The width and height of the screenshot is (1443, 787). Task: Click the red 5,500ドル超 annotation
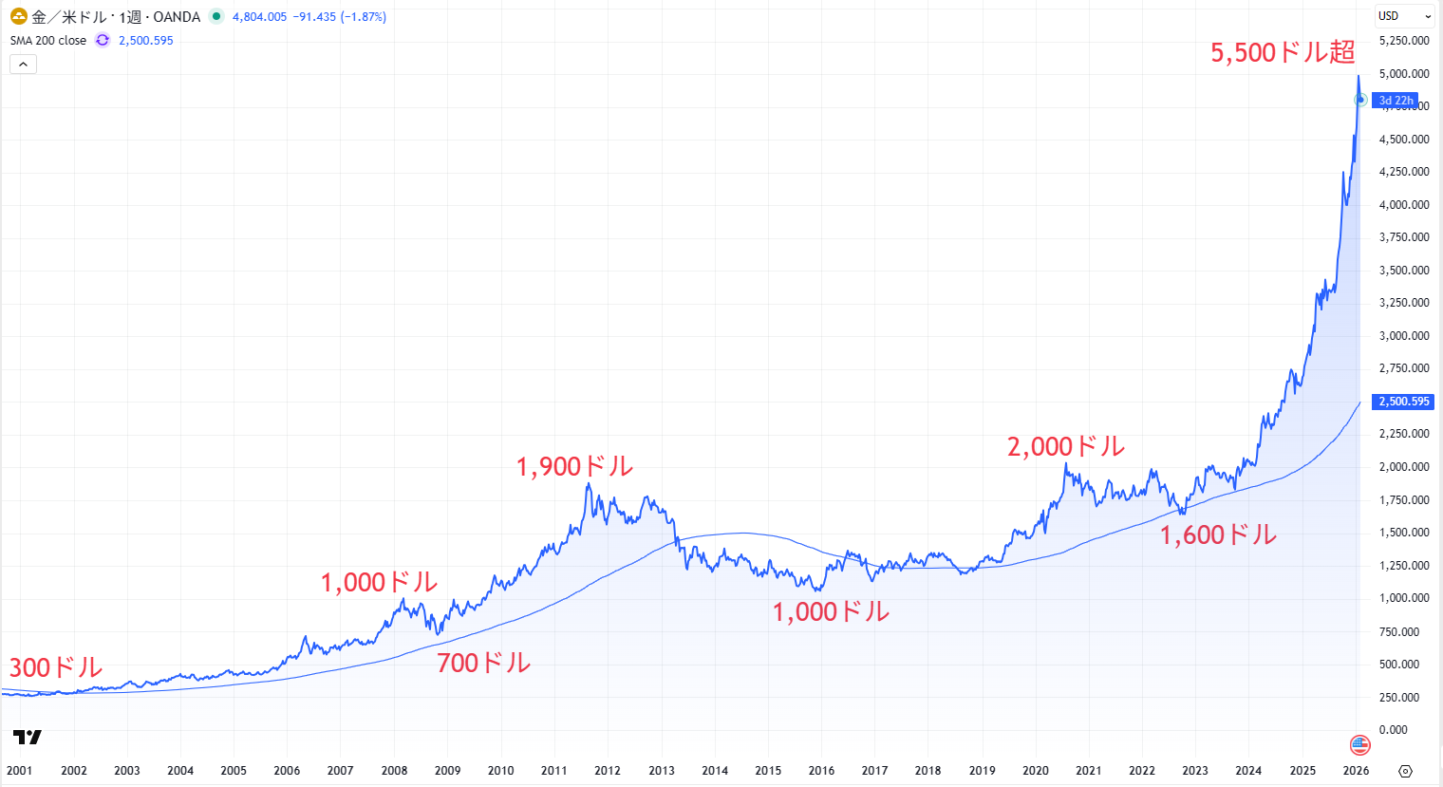1282,53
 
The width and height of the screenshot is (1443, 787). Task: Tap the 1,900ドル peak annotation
574,467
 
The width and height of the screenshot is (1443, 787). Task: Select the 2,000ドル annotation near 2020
1065,447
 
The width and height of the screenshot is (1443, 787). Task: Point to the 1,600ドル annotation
1218,535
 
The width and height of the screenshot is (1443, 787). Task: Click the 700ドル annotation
483,663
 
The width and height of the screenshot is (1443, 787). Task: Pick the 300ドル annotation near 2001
55,667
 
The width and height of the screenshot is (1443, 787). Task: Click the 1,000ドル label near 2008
379,582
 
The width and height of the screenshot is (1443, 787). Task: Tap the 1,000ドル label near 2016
831,612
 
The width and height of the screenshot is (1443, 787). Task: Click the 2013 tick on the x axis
662,771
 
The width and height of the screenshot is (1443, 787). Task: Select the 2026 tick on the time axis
1356,771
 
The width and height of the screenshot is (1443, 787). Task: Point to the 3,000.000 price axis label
1404,336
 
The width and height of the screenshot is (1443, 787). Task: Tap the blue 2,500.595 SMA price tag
1404,402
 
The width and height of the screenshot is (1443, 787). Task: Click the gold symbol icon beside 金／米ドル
18,16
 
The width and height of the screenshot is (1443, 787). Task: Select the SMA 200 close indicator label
48,41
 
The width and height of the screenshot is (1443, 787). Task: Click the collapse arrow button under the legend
23,65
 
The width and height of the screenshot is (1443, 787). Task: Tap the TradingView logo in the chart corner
28,737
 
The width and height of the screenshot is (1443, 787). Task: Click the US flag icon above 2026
1359,744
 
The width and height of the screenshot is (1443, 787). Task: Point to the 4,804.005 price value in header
259,17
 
